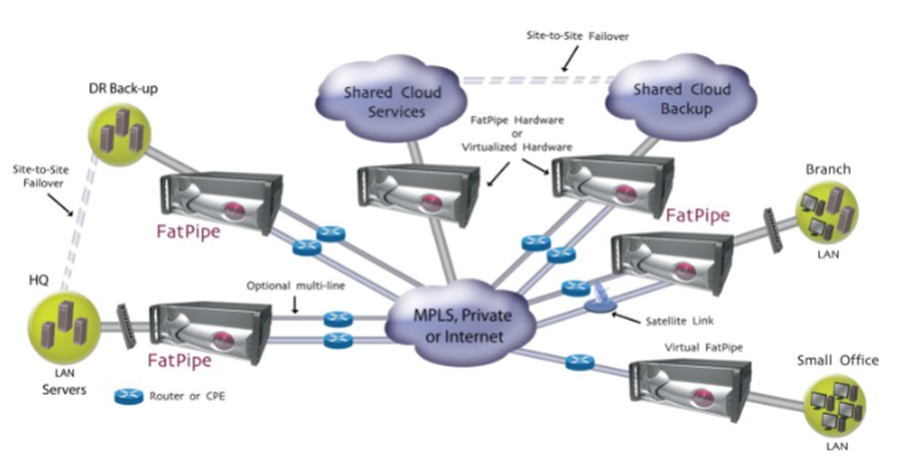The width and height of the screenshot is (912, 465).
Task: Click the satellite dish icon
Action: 601,302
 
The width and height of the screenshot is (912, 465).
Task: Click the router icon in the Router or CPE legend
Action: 127,397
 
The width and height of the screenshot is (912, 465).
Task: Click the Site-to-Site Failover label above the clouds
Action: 578,36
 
